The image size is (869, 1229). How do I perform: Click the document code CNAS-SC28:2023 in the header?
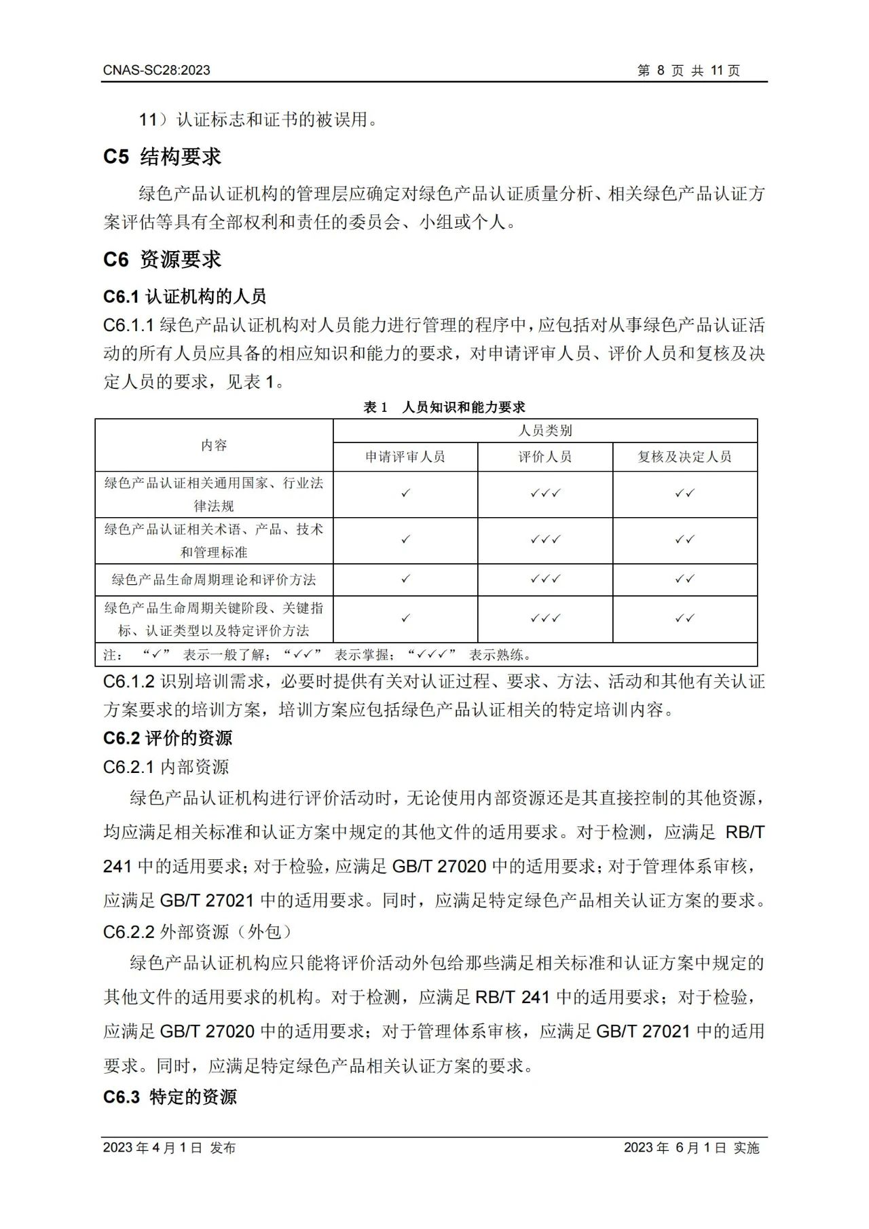pyautogui.click(x=157, y=70)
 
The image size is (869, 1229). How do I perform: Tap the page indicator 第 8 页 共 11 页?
pyautogui.click(x=688, y=71)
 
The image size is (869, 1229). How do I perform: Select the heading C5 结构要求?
pyautogui.click(x=162, y=157)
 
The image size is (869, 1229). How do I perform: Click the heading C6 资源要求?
pyautogui.click(x=162, y=259)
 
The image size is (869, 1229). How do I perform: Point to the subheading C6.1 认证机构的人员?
pyautogui.click(x=185, y=297)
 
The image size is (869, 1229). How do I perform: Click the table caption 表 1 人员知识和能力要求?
pyautogui.click(x=444, y=407)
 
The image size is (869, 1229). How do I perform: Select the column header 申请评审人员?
pyautogui.click(x=405, y=457)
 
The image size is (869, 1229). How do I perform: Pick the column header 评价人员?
pyautogui.click(x=545, y=457)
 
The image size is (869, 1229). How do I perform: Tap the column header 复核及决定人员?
pyautogui.click(x=684, y=457)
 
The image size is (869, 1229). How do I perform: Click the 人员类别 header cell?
pyautogui.click(x=545, y=430)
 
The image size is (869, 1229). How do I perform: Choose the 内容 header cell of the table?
pyautogui.click(x=214, y=445)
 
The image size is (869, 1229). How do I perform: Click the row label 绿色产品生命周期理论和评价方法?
pyautogui.click(x=214, y=580)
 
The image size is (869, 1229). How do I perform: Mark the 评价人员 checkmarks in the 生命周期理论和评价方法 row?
pyautogui.click(x=545, y=580)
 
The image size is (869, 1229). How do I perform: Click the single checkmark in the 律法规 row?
pyautogui.click(x=405, y=493)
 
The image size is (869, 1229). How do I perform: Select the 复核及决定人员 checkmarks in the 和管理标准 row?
pyautogui.click(x=684, y=540)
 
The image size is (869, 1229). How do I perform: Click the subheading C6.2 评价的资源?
pyautogui.click(x=168, y=738)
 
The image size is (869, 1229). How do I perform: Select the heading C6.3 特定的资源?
pyautogui.click(x=170, y=1097)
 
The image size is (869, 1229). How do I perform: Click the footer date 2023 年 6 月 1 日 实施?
pyautogui.click(x=691, y=1148)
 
